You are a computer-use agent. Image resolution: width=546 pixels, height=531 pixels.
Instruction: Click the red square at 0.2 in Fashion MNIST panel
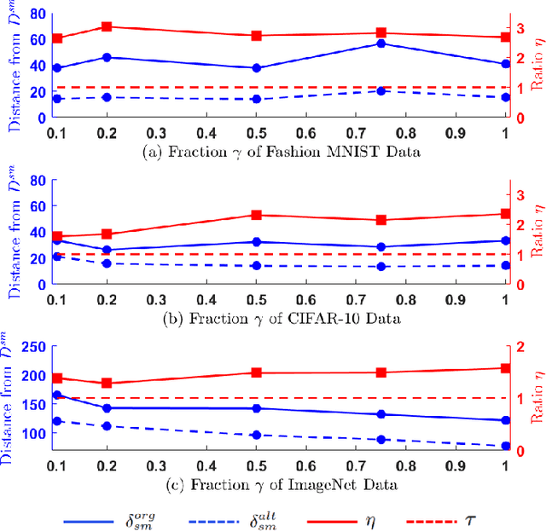(107, 26)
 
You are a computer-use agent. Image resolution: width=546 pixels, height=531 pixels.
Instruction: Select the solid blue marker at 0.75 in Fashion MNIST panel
(380, 43)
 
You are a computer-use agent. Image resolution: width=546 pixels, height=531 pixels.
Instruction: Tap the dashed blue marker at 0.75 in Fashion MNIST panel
(380, 90)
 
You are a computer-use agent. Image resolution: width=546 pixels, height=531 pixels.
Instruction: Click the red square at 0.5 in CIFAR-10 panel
(256, 215)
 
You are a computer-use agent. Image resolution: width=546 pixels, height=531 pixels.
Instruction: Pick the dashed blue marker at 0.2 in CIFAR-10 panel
(107, 263)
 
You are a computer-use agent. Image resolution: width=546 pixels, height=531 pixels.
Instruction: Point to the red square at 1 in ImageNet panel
(505, 368)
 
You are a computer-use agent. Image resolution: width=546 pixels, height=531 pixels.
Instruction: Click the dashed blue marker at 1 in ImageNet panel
(505, 446)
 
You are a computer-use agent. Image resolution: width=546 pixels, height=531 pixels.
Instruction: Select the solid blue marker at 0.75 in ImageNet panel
(380, 414)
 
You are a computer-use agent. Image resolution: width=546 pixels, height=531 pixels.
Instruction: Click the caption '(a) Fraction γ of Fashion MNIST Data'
(281, 151)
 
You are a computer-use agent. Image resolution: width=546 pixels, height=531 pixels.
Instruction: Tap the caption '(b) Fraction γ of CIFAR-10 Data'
(281, 318)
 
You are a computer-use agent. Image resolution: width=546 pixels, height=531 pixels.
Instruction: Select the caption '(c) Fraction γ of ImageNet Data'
(281, 484)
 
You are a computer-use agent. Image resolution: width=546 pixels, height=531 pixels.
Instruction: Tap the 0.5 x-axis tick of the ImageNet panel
(256, 465)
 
